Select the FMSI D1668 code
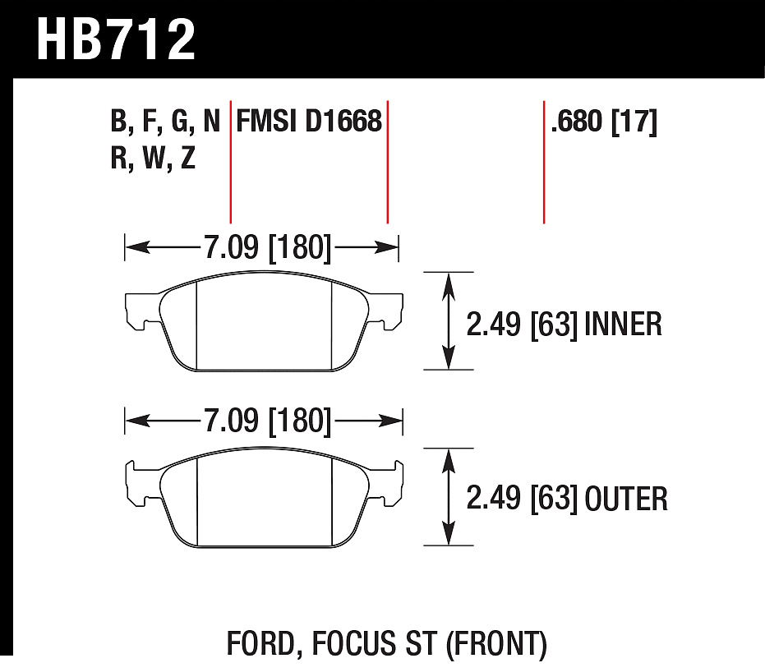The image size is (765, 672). coord(309,121)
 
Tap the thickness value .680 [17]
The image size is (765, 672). coord(604,121)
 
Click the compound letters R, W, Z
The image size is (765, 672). coord(153,158)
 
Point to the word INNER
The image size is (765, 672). coord(623,324)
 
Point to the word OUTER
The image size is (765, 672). coord(626,499)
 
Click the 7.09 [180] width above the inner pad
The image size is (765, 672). coord(267,247)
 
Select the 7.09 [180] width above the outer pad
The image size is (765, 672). coord(267,420)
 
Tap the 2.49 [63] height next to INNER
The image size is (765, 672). coord(522,324)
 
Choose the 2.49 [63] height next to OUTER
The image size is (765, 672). coord(522,499)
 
